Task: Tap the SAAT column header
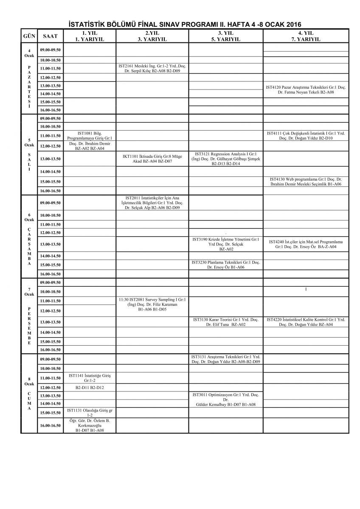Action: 51,36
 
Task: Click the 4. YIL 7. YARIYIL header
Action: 306,36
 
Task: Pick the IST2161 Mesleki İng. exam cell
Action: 152,68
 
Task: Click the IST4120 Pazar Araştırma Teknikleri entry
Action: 306,89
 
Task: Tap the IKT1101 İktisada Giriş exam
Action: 152,159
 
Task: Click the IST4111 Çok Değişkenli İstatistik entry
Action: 306,136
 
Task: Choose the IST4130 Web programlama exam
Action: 306,182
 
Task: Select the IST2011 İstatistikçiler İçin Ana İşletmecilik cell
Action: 152,203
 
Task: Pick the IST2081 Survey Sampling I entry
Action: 152,305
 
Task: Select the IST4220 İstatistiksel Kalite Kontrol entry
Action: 306,322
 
